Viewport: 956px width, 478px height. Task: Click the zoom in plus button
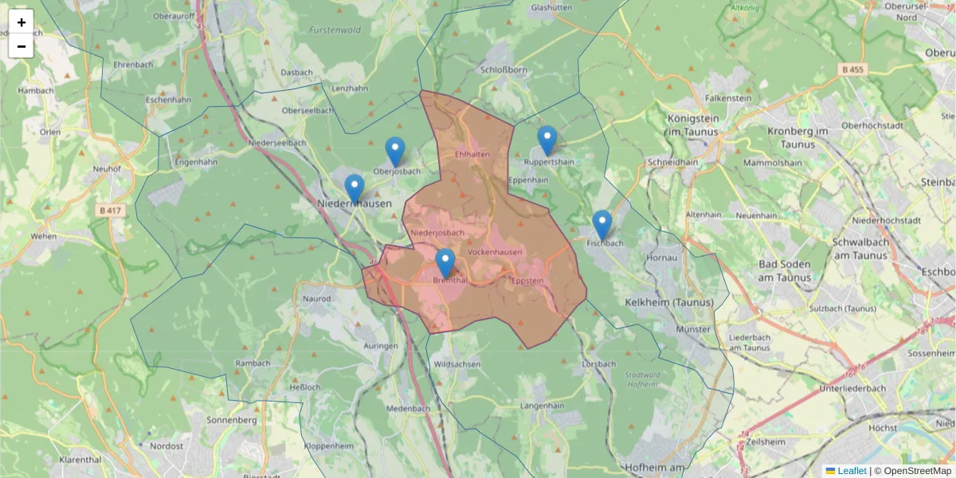[22, 22]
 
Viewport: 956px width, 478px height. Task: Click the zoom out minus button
[22, 46]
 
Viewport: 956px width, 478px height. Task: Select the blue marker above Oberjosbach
[395, 151]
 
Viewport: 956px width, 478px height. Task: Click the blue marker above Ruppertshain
[547, 140]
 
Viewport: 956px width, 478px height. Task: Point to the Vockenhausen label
[495, 253]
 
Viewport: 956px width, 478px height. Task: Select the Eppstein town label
[527, 280]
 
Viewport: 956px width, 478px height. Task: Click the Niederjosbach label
[437, 233]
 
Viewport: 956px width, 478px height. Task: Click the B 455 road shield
[853, 70]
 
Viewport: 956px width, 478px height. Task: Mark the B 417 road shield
[111, 210]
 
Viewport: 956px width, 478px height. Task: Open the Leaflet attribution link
[852, 471]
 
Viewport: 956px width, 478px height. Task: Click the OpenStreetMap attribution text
[917, 471]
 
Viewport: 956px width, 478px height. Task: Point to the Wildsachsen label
[457, 364]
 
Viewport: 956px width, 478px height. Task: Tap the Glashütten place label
[551, 7]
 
